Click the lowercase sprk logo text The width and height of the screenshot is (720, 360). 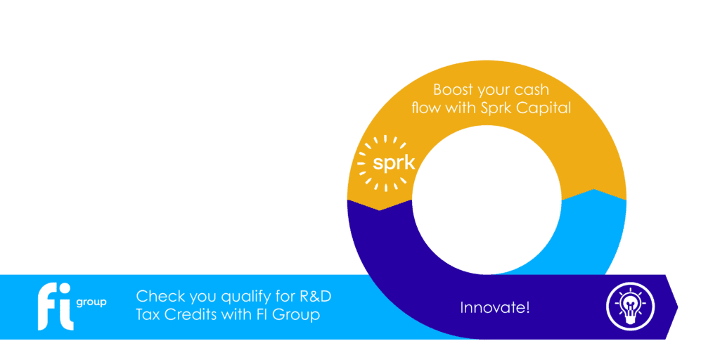click(394, 163)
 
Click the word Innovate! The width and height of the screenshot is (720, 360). click(495, 307)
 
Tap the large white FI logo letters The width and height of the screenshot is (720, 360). click(55, 307)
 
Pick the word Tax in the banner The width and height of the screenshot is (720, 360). click(147, 316)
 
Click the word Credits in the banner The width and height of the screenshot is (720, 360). click(185, 316)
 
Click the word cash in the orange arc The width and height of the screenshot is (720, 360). click(534, 89)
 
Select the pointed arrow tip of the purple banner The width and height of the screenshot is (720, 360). click(677, 307)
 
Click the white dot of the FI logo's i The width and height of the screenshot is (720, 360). click(67, 289)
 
